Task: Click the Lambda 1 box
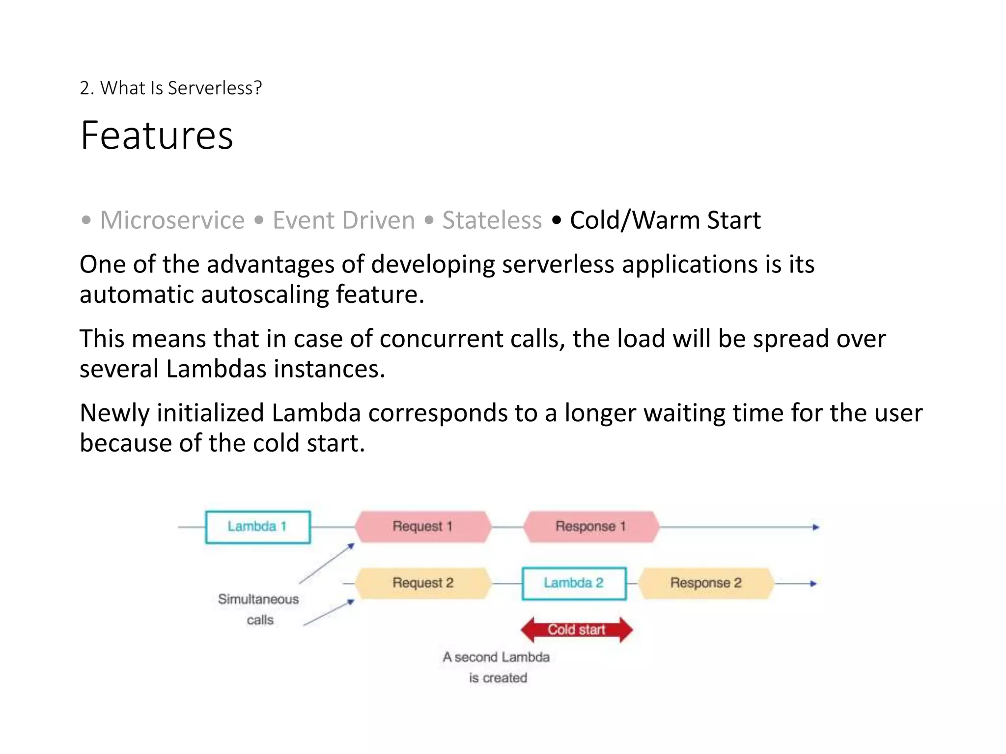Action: [x=257, y=527]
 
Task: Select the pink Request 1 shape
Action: [x=422, y=527]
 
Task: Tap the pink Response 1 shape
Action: [x=590, y=527]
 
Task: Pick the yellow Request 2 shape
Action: [x=422, y=583]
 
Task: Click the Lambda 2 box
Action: [x=574, y=583]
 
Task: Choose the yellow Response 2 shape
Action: [x=706, y=583]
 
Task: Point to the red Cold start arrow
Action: [x=577, y=630]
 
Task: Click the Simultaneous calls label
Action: [x=258, y=609]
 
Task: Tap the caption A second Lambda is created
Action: [x=496, y=667]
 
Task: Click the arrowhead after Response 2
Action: [x=813, y=584]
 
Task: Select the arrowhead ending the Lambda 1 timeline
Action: [x=816, y=527]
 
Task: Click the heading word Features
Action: [x=157, y=135]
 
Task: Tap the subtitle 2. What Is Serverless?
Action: [x=170, y=88]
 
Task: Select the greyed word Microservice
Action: [x=172, y=220]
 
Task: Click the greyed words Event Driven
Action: [x=343, y=220]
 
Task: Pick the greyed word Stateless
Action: [x=492, y=220]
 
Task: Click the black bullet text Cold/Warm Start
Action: [x=665, y=220]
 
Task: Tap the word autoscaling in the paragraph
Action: [x=265, y=295]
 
